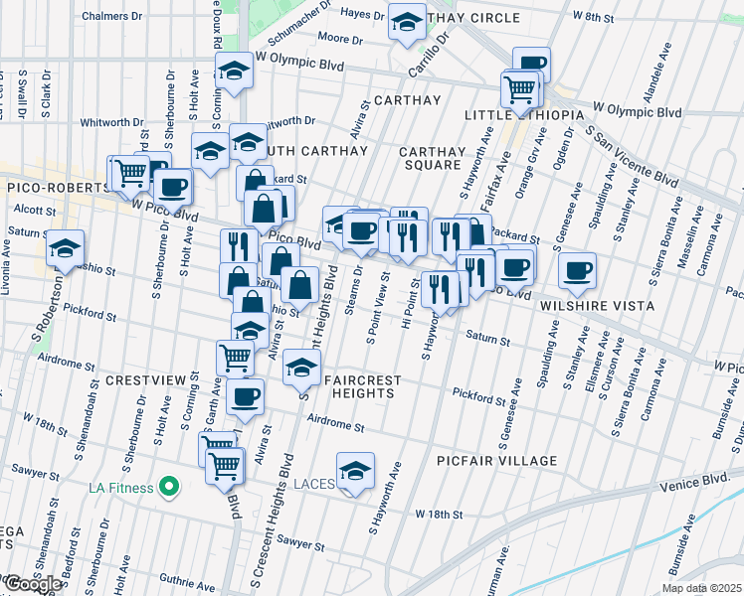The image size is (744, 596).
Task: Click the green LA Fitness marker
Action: [x=168, y=487]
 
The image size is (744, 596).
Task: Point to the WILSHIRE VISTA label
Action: [x=597, y=306]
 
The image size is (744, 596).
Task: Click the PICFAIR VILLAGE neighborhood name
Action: [x=496, y=461]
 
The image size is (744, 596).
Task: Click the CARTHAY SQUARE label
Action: [x=432, y=158]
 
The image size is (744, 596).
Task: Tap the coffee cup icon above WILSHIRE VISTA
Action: [x=577, y=268]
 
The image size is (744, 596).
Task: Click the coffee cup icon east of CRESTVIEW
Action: [x=244, y=396]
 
